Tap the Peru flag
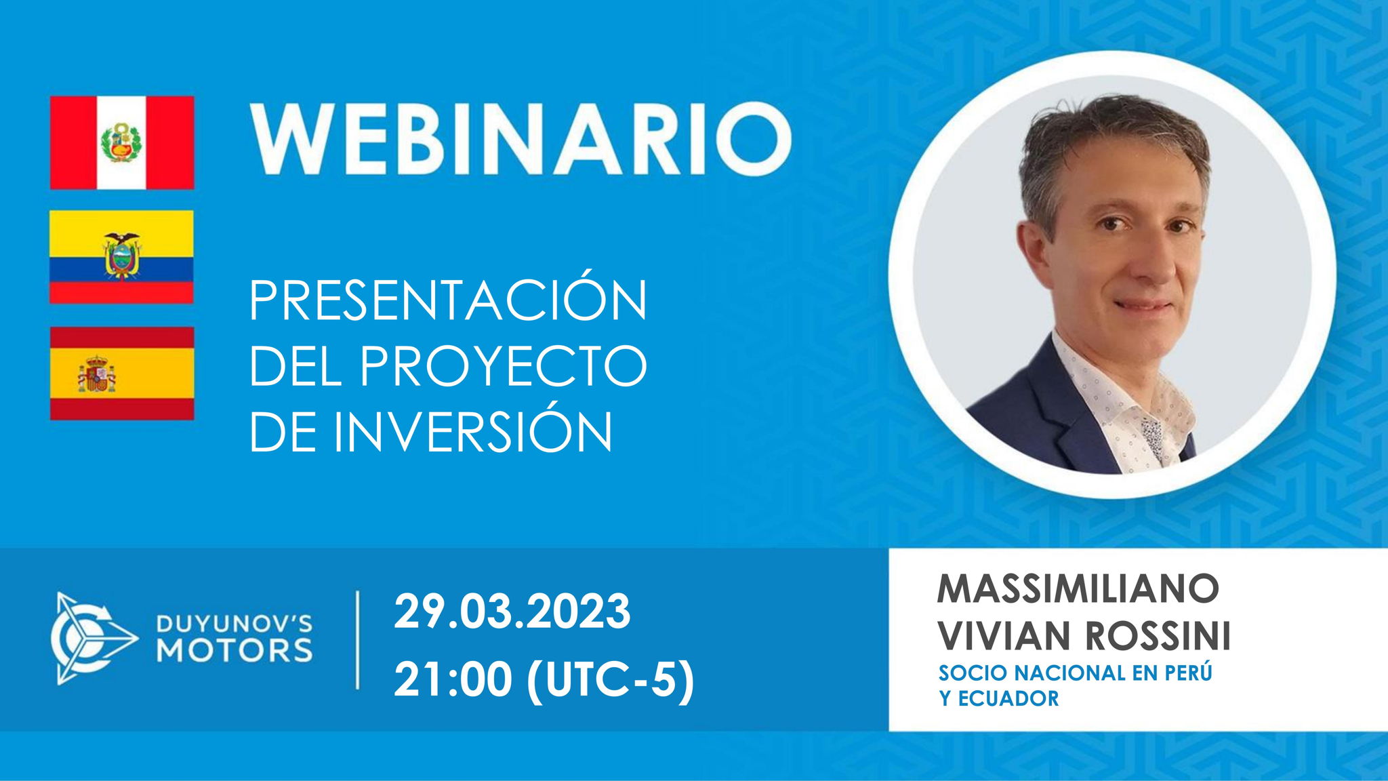[x=122, y=142]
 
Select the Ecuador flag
[x=122, y=257]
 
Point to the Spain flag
[x=122, y=374]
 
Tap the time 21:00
[x=452, y=679]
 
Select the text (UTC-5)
[x=611, y=679]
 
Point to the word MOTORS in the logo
[x=234, y=650]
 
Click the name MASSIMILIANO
[x=1078, y=588]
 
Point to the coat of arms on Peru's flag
[x=121, y=142]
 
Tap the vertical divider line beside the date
[x=357, y=639]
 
